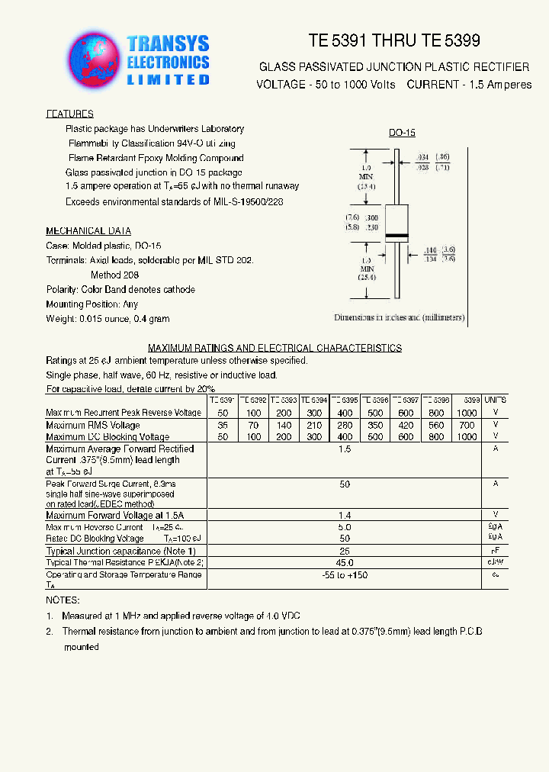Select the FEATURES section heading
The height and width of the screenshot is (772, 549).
point(69,114)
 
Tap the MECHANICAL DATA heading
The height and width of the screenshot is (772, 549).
point(88,231)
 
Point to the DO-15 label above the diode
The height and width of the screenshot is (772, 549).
point(402,133)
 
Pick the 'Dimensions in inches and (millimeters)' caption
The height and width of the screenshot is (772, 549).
point(399,317)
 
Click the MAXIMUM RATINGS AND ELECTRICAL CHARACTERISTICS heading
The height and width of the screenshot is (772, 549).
point(274,348)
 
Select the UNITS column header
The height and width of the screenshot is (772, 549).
point(495,400)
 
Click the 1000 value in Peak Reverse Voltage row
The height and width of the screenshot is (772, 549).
point(467,413)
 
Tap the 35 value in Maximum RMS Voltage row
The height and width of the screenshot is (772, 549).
point(223,426)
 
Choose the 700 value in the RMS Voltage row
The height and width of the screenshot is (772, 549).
point(467,426)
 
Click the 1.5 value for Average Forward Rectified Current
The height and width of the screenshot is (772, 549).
point(345,450)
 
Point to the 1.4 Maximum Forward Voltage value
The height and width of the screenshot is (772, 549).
point(345,516)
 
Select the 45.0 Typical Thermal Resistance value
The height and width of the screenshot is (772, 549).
point(345,562)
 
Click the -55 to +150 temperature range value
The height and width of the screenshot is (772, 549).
point(345,575)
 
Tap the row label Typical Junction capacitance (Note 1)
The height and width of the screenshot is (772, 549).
point(120,551)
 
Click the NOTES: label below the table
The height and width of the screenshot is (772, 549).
point(63,600)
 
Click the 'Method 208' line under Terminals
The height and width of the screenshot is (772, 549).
point(114,275)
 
